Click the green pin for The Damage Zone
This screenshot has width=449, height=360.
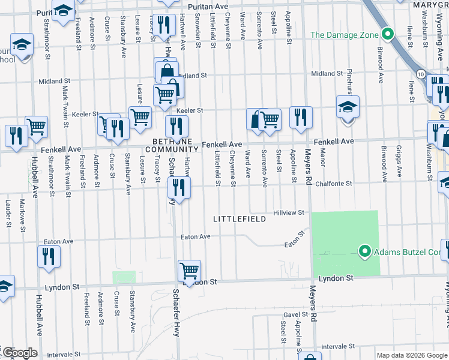(x=388, y=34)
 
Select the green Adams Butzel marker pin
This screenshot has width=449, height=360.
(x=364, y=250)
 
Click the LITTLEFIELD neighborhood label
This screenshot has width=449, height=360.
(x=240, y=220)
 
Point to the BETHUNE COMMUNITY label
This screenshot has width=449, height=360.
(x=171, y=145)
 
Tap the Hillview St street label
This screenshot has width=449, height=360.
(x=290, y=212)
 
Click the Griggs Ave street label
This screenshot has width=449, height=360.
(x=400, y=162)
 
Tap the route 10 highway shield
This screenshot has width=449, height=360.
(x=421, y=73)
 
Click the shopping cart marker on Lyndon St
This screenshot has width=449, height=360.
(x=189, y=271)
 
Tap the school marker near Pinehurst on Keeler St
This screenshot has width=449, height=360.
(x=348, y=107)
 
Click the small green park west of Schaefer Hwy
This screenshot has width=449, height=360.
(x=124, y=277)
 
